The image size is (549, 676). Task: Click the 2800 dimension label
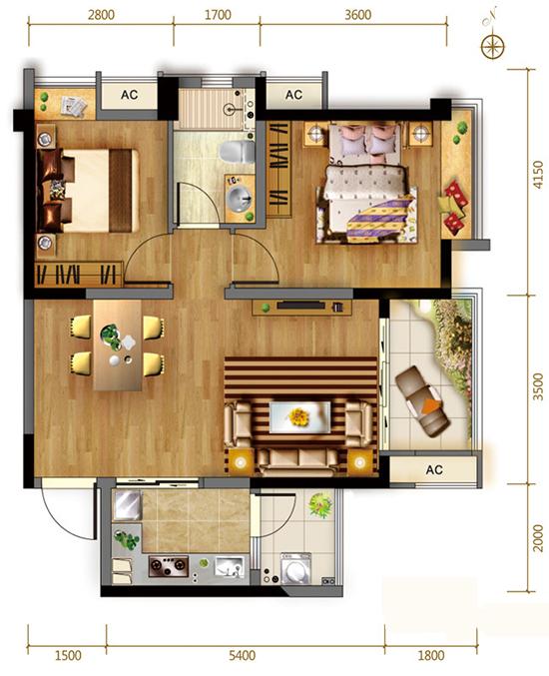[x=101, y=15]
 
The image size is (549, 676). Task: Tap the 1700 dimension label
[x=218, y=15]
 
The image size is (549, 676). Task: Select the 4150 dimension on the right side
[x=538, y=174]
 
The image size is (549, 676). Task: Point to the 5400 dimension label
[x=242, y=656]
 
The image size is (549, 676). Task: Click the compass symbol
[x=492, y=46]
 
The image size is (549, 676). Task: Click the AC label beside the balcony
[x=434, y=469]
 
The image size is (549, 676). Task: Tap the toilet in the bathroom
[x=237, y=152]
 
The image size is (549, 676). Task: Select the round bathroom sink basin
[x=239, y=199]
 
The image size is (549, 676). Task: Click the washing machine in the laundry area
[x=295, y=568]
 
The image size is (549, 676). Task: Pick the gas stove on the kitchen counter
[x=169, y=566]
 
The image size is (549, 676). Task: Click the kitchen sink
[x=230, y=567]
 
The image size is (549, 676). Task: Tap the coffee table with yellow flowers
[x=299, y=417]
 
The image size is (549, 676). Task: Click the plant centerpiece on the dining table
[x=111, y=337]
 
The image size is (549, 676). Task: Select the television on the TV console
[x=300, y=306]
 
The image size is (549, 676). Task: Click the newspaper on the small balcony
[x=74, y=106]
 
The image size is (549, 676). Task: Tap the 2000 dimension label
[x=538, y=537]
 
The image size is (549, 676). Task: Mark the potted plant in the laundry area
[x=321, y=504]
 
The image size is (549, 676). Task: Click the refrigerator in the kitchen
[x=128, y=504]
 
